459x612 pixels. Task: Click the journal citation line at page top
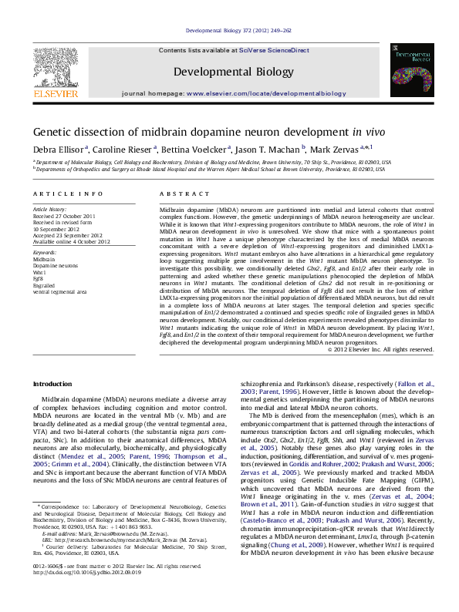point(229,31)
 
